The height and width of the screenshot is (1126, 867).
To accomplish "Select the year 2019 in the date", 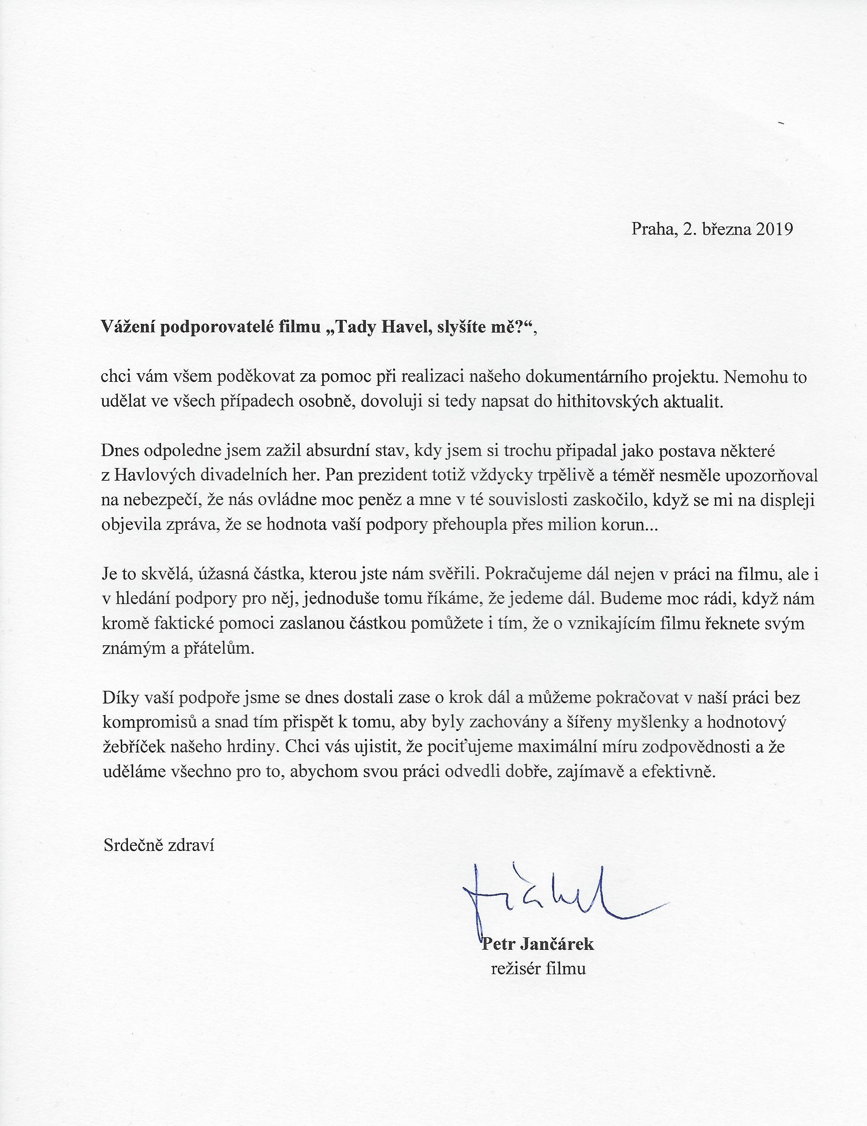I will click(774, 229).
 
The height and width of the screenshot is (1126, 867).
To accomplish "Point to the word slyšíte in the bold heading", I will click(465, 327).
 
